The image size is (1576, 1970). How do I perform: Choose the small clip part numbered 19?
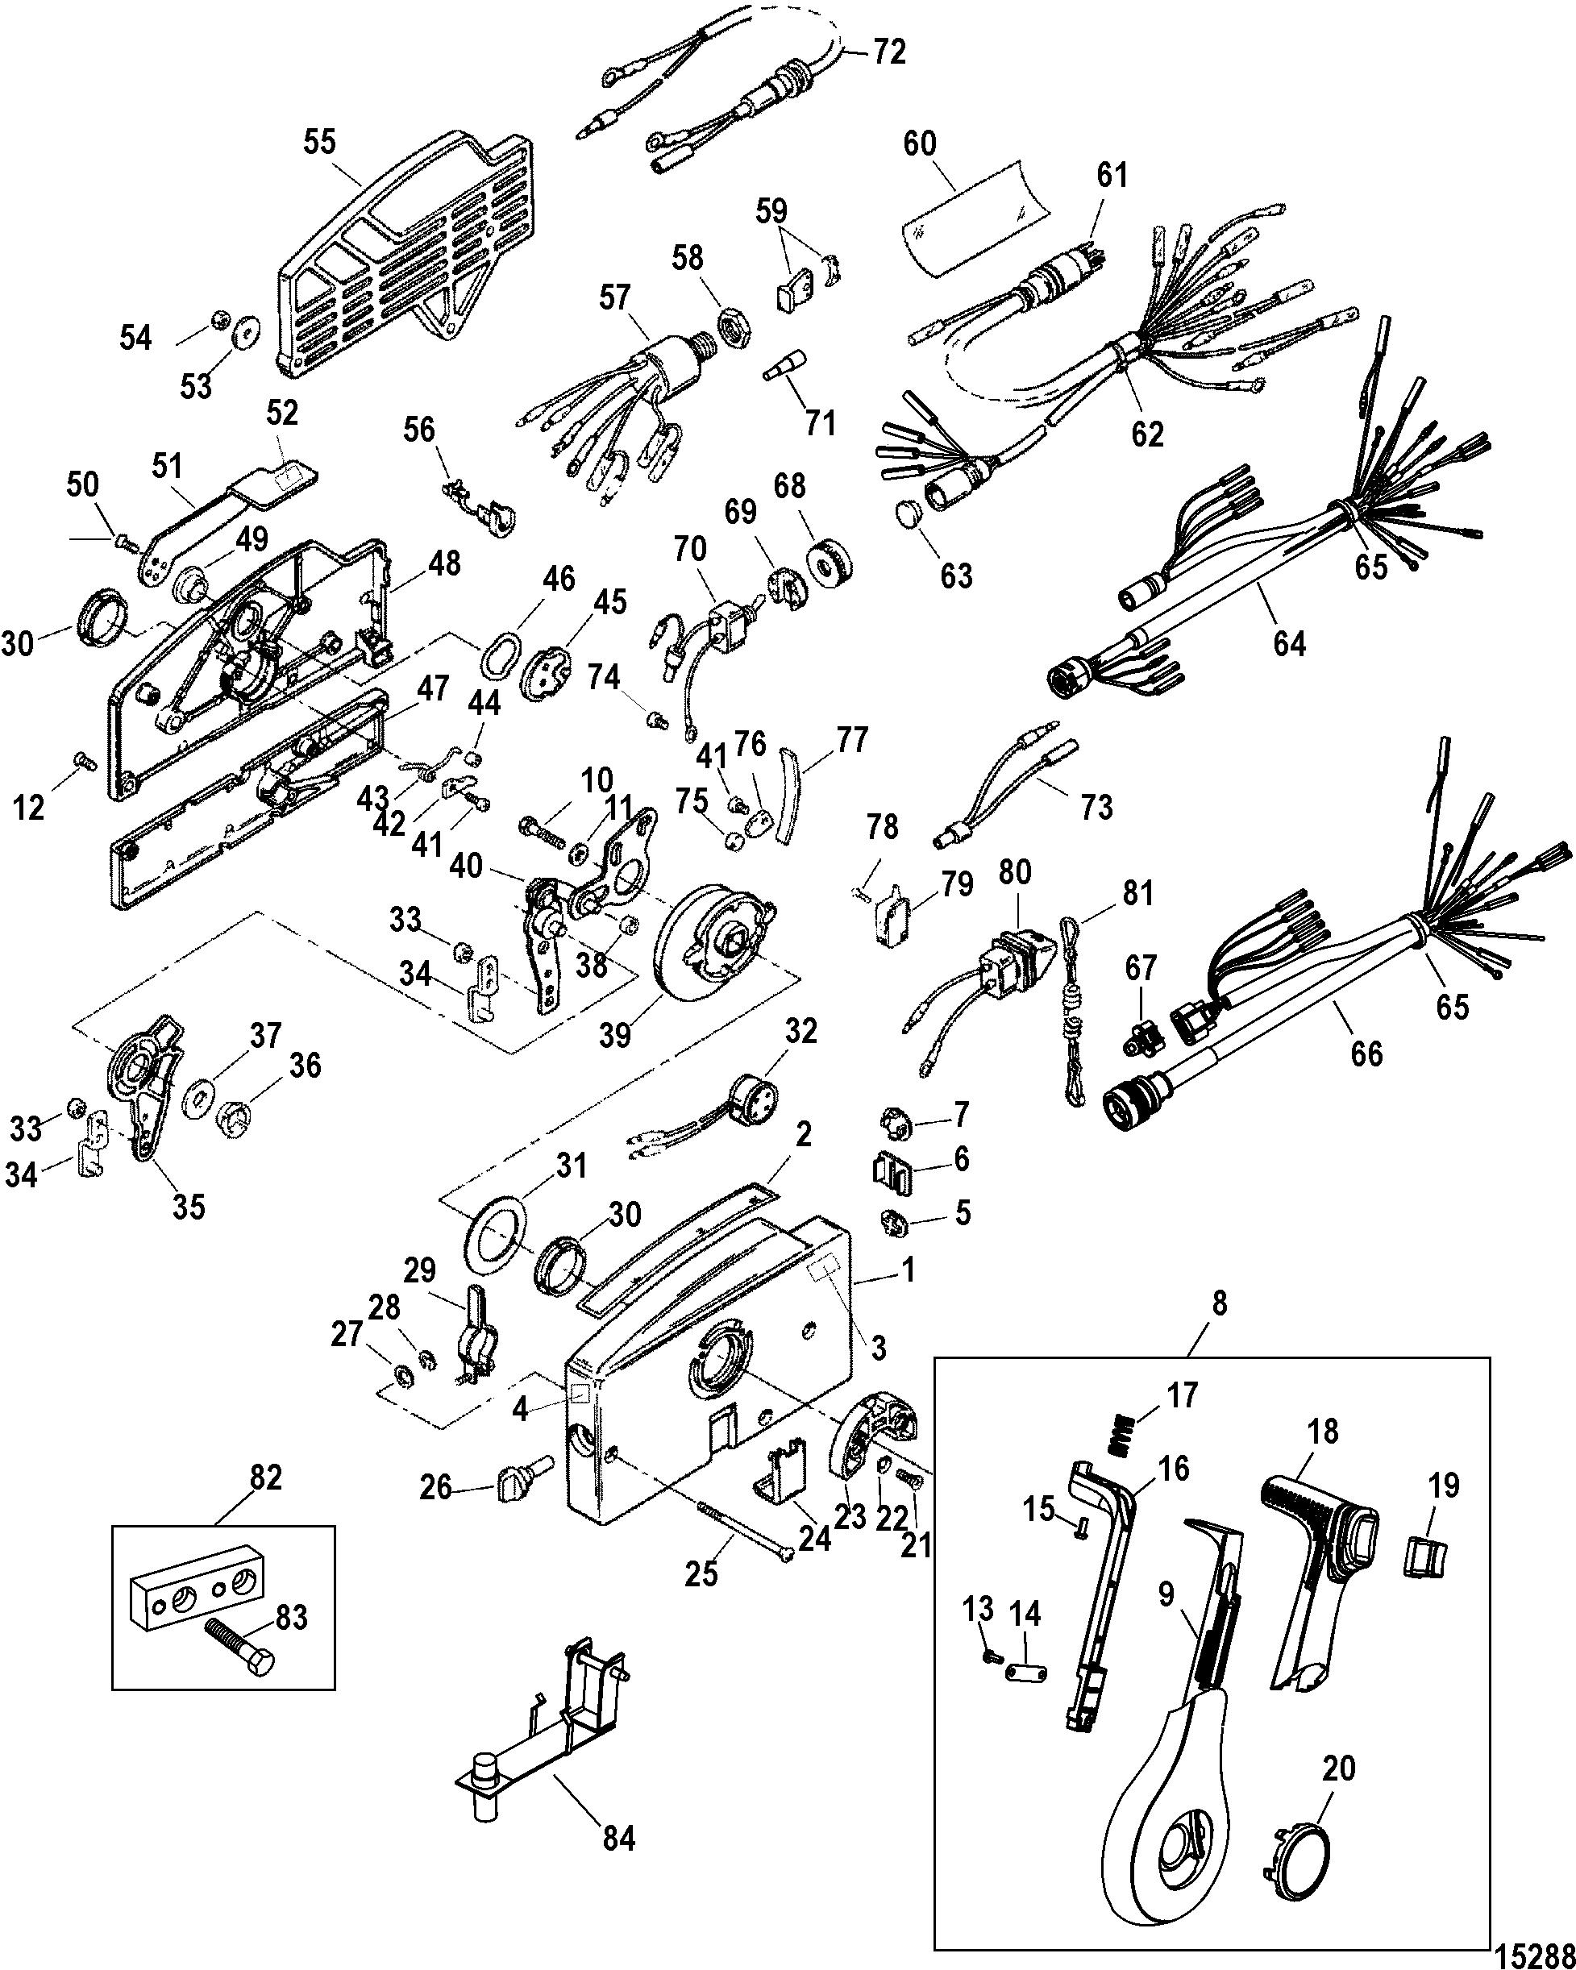(x=1425, y=1555)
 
